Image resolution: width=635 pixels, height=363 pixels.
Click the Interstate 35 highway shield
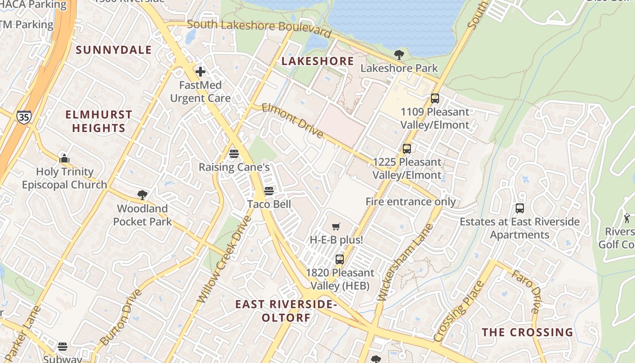[24, 117]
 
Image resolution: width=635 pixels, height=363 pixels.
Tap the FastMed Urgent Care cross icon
[200, 71]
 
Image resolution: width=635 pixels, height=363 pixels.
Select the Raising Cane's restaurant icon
[234, 153]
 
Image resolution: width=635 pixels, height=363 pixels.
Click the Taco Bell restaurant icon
[269, 191]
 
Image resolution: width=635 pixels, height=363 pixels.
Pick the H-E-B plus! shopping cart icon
[336, 226]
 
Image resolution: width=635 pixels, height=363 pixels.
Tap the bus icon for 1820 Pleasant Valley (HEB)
[340, 260]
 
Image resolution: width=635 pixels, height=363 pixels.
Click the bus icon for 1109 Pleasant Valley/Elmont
[435, 98]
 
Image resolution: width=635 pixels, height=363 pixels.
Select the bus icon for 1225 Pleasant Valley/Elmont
[407, 148]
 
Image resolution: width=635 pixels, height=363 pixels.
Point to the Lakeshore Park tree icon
[399, 55]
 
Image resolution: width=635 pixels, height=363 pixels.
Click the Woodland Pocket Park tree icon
[142, 195]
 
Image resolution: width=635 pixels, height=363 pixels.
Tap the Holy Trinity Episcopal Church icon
[64, 158]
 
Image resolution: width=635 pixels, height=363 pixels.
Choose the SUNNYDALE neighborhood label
[113, 50]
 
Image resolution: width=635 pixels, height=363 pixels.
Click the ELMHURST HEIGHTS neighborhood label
[99, 121]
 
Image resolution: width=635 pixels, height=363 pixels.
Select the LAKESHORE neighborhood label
[317, 61]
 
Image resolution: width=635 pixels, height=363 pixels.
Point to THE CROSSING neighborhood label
[528, 332]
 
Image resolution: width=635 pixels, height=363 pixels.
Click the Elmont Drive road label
[293, 121]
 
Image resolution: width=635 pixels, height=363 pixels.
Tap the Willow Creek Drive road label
[225, 259]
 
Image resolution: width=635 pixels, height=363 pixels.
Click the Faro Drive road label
[526, 292]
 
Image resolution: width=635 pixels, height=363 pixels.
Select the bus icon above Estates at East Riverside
[520, 208]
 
